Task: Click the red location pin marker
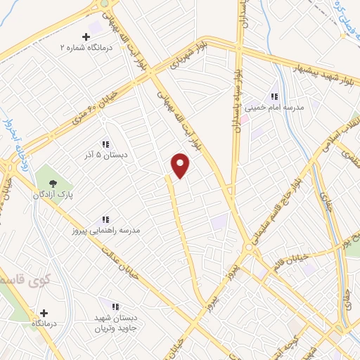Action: (x=181, y=165)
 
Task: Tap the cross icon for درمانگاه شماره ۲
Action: (x=86, y=37)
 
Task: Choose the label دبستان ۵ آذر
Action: (x=105, y=155)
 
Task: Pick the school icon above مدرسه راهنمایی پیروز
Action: (x=105, y=219)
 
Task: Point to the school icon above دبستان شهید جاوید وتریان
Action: (x=116, y=307)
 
